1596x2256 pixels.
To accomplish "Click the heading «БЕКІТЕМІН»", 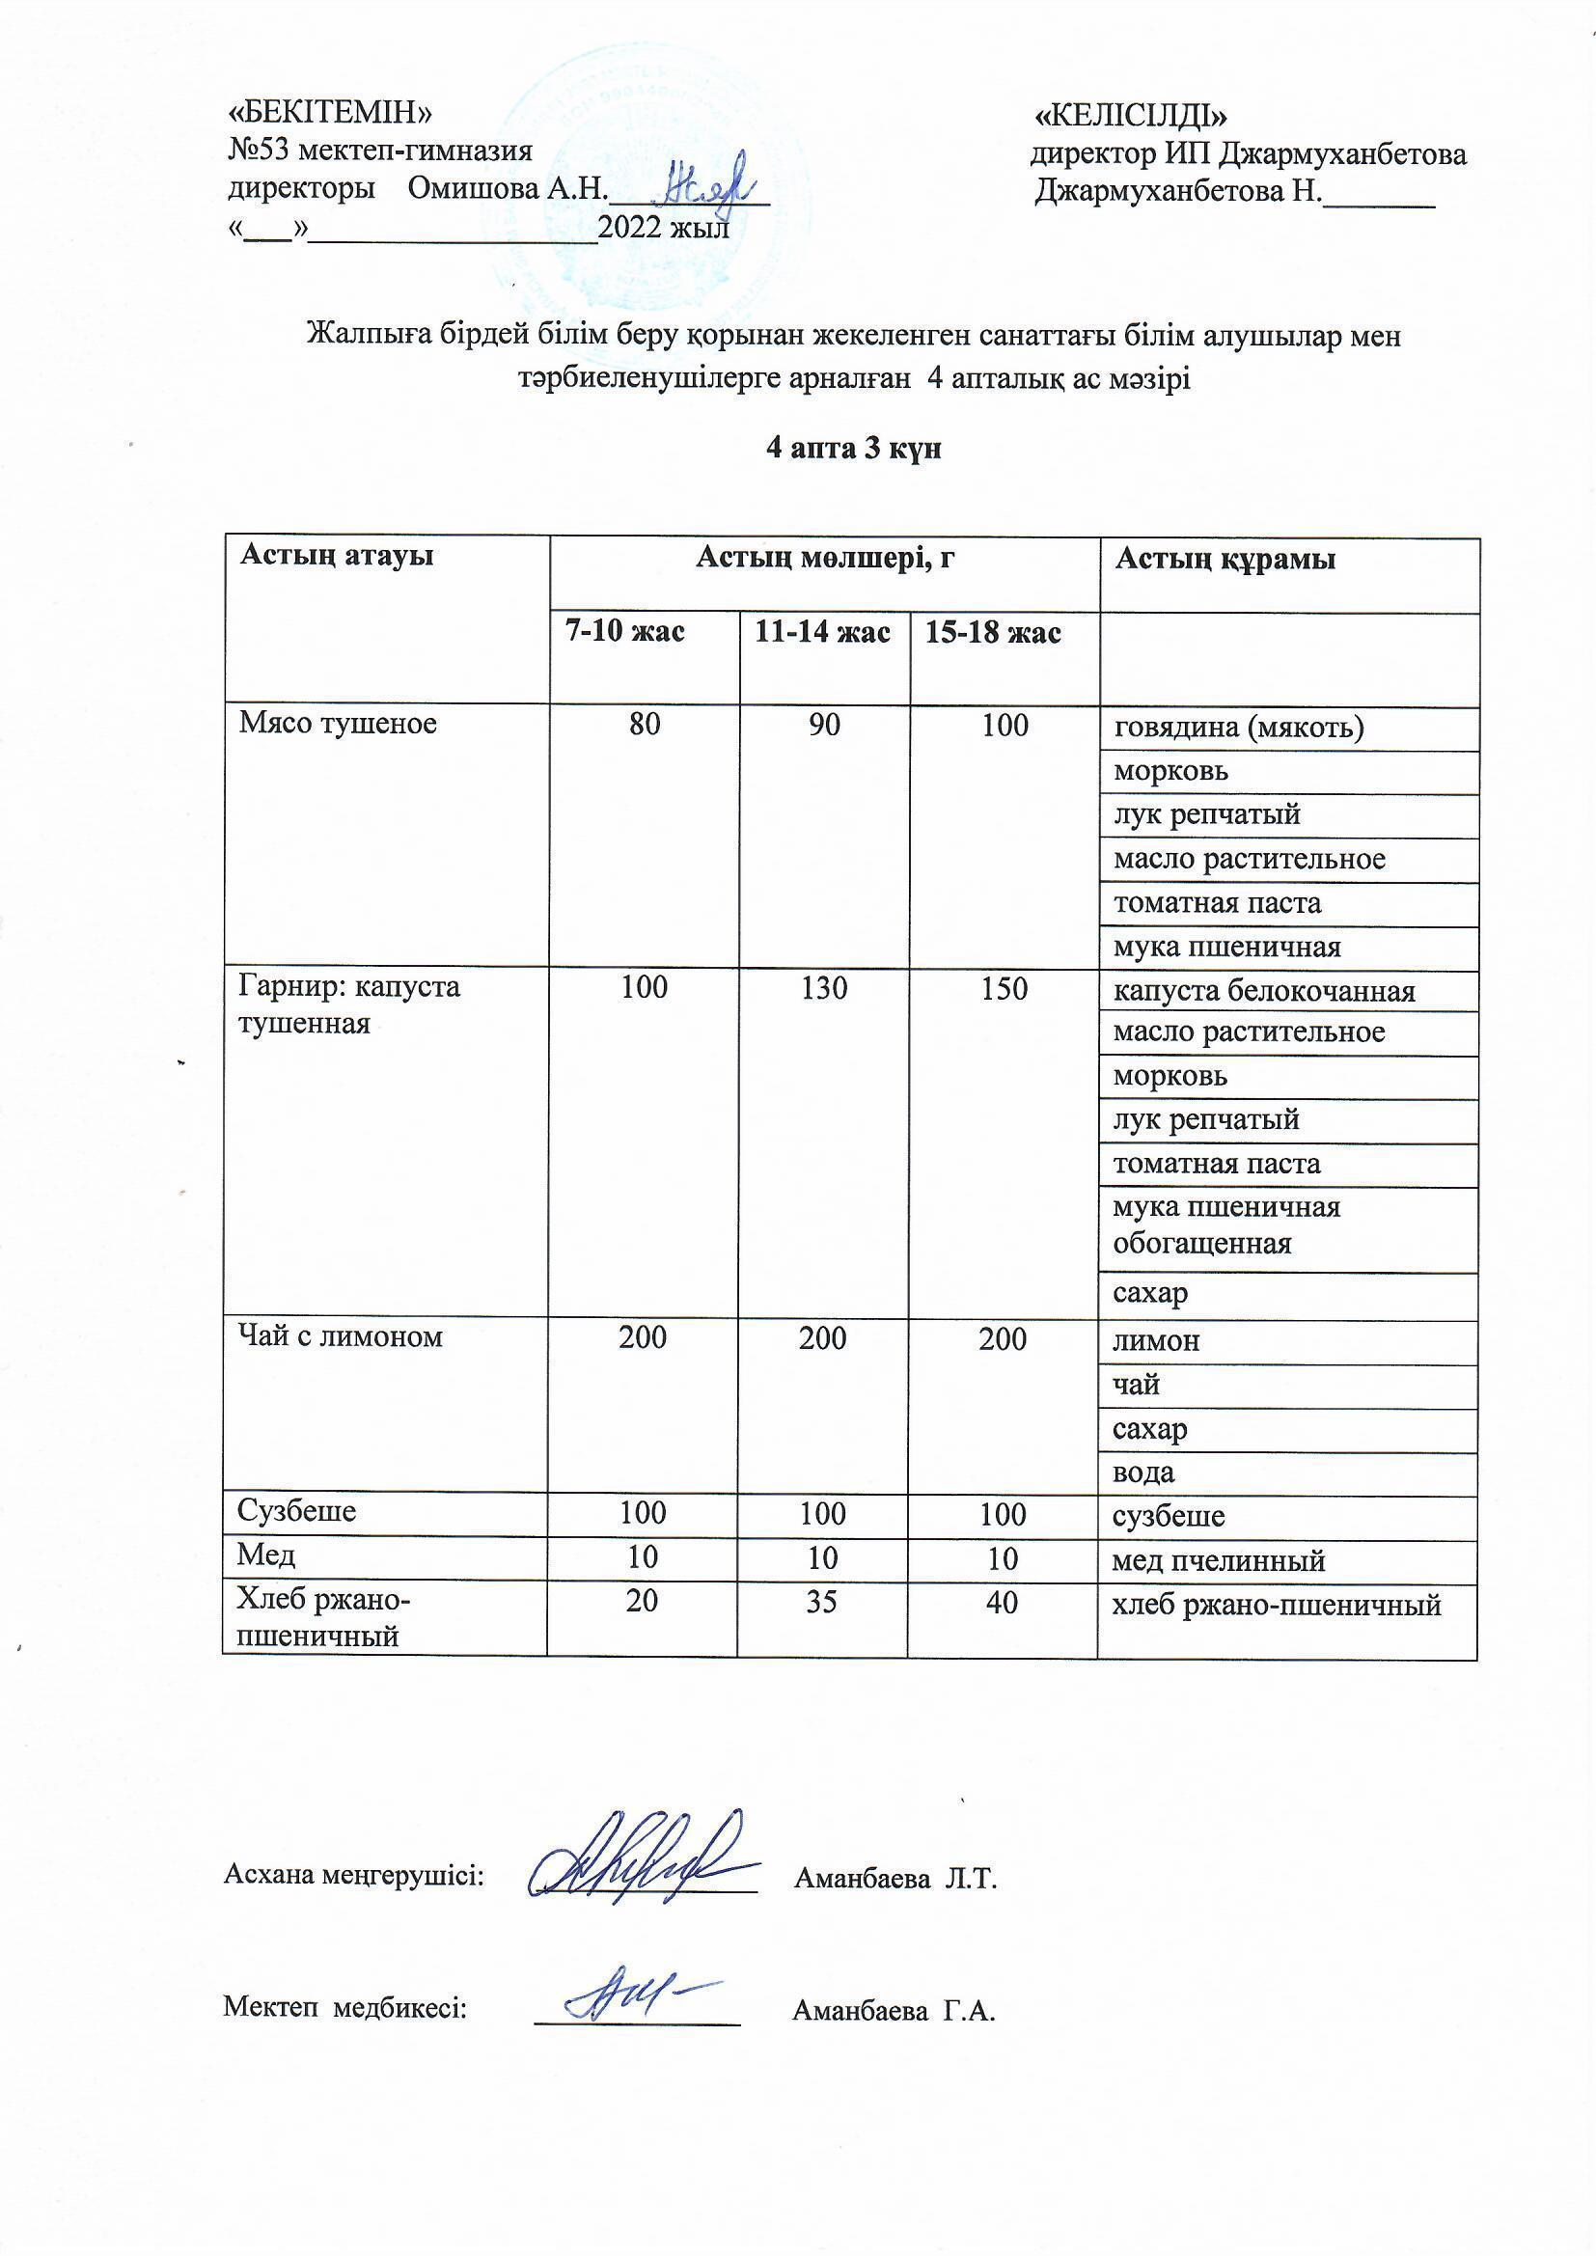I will click(x=329, y=113).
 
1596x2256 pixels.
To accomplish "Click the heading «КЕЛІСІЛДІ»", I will click(x=1131, y=116).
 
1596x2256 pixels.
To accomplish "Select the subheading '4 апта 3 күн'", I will click(x=853, y=449).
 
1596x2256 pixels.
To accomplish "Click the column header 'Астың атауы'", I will click(x=337, y=556).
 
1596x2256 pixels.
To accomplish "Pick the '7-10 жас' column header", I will click(x=624, y=631).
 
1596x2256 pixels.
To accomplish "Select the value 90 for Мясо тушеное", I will click(x=824, y=726).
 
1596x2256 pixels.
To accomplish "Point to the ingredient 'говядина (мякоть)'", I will click(x=1238, y=729).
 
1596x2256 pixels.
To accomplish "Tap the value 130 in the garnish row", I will click(x=823, y=987).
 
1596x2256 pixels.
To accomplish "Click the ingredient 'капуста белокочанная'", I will click(x=1264, y=991).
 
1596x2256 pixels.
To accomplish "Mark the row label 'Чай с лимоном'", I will click(x=340, y=1336).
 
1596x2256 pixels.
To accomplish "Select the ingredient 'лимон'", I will click(x=1156, y=1341).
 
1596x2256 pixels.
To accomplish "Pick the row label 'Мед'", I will click(x=266, y=1555).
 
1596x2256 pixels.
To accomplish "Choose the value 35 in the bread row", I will click(x=821, y=1602).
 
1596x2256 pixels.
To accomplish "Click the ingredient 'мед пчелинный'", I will click(x=1219, y=1560).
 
